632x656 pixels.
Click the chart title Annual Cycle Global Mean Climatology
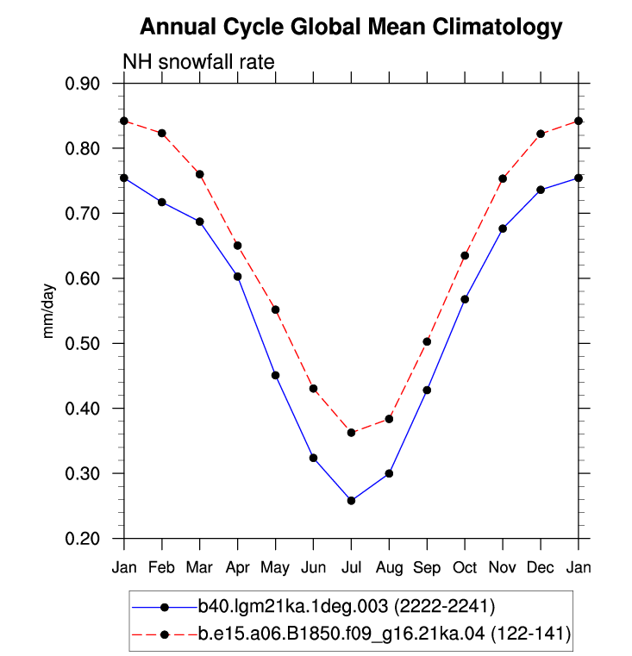coord(351,28)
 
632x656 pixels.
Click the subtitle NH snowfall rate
coord(198,62)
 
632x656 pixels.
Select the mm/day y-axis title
coord(48,311)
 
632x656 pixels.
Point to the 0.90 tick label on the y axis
coord(83,84)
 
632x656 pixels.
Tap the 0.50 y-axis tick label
coord(83,343)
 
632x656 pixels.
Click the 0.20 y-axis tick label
coord(83,539)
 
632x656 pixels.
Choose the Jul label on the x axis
coord(351,567)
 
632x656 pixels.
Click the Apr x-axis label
coord(238,568)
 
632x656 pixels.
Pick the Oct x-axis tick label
coord(465,567)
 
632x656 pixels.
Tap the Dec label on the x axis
coord(541,567)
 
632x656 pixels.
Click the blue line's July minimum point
coord(351,500)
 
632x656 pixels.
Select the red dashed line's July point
coord(351,433)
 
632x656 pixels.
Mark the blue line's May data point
coord(275,375)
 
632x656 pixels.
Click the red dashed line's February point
coord(162,133)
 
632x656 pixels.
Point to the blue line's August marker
coord(389,473)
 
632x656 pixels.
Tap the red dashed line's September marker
coord(427,342)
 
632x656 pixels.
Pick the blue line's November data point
coord(503,228)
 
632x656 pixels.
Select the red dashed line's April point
coord(238,246)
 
